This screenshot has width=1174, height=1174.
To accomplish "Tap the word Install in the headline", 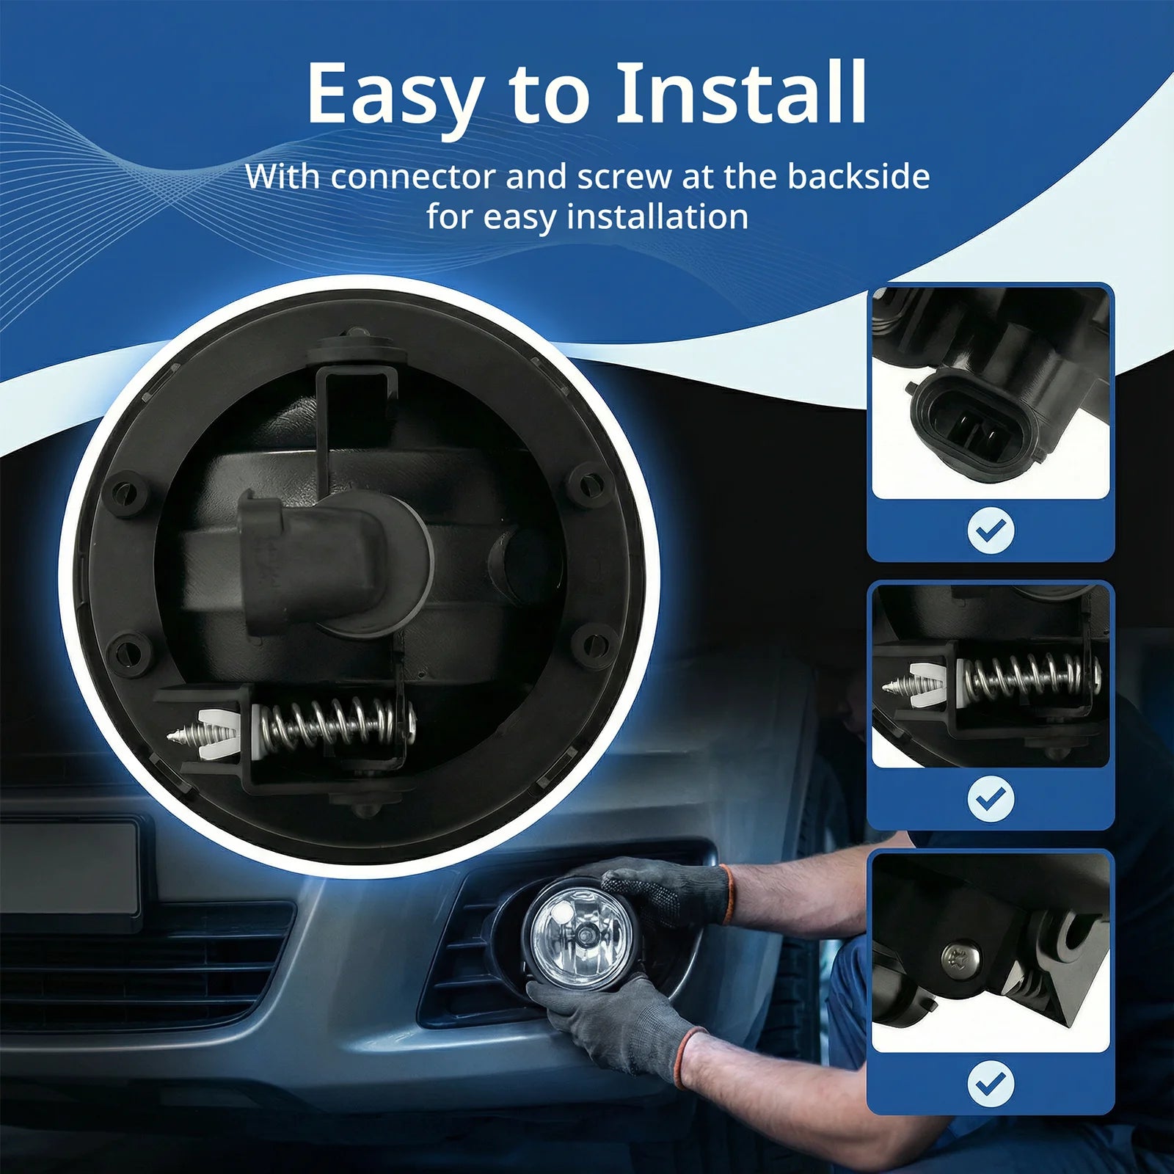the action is [741, 93].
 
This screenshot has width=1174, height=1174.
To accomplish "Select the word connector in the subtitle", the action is [413, 177].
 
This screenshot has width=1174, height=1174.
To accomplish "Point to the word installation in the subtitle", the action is [657, 217].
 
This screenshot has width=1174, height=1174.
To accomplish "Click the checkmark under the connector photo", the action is [991, 531].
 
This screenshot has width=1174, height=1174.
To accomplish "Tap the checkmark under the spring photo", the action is [991, 799].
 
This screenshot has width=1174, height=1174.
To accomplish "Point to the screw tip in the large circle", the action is [170, 734].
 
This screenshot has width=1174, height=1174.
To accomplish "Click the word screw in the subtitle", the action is [624, 178].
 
